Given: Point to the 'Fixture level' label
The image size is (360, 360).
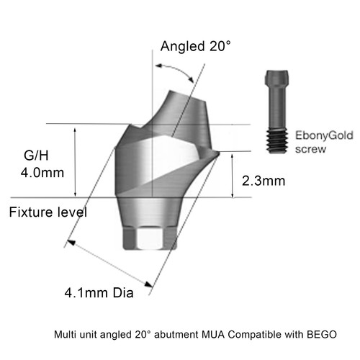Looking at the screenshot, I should [48, 212].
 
